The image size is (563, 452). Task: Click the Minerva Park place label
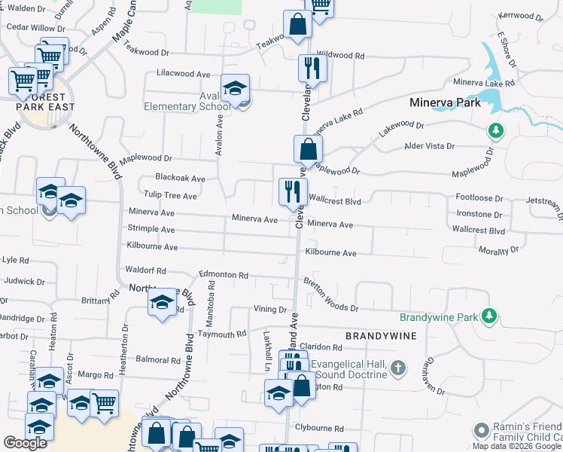444,102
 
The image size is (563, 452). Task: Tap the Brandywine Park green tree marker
489,314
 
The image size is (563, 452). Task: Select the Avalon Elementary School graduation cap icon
235,89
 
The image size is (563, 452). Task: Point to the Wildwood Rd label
340,56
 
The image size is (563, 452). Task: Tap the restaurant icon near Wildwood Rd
309,69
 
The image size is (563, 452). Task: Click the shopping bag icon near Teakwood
297,24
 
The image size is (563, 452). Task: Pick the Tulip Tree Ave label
172,196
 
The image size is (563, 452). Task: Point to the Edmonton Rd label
223,276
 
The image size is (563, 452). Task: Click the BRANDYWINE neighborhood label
381,334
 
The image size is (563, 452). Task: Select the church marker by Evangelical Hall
398,368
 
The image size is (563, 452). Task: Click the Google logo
26,443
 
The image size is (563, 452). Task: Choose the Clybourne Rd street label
319,428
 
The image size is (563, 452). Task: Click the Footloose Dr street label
479,198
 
